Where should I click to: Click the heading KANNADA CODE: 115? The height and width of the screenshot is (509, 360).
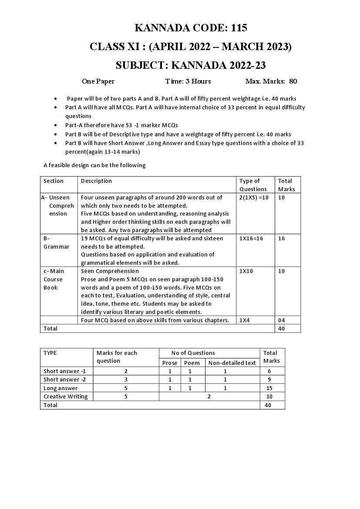(191, 28)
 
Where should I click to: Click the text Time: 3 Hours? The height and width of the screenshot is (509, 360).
(188, 81)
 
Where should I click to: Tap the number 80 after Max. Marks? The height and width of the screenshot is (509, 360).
(293, 81)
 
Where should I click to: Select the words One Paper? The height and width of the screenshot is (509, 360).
(98, 81)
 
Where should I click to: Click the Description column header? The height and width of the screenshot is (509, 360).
(96, 181)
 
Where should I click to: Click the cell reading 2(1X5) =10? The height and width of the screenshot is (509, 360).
(254, 197)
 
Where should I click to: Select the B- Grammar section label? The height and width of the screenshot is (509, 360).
(56, 243)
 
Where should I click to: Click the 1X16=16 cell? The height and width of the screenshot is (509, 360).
(251, 238)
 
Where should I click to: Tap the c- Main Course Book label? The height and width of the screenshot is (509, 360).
(54, 279)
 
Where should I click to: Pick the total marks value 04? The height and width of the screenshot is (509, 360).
(281, 320)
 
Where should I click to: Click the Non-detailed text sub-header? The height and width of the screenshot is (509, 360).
(232, 363)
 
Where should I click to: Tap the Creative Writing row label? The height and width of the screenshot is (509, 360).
(65, 396)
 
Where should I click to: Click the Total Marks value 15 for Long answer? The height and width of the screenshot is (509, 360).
(269, 388)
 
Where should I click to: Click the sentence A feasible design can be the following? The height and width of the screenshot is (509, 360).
(94, 165)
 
